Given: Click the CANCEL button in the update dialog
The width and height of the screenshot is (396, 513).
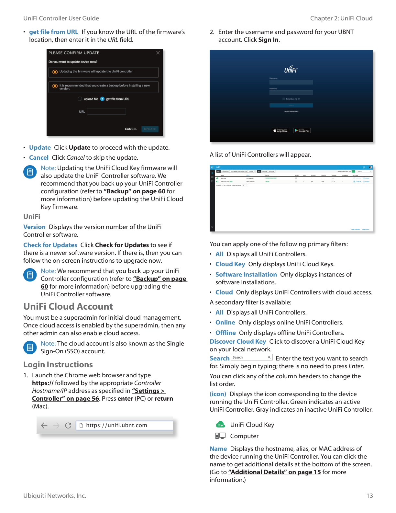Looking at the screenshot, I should pyautogui.click(x=131, y=129).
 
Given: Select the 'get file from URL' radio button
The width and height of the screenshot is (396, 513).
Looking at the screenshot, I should pyautogui.click(x=102, y=99).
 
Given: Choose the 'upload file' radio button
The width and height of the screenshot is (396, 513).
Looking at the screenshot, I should pyautogui.click(x=80, y=99).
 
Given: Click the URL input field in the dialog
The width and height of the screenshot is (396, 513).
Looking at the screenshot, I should pyautogui.click(x=106, y=111).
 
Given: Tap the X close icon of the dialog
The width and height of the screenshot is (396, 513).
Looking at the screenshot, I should pyautogui.click(x=158, y=53).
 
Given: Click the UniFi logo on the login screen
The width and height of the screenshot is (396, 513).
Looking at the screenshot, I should pyautogui.click(x=291, y=69).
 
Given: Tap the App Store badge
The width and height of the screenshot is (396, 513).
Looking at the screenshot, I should pyautogui.click(x=280, y=131).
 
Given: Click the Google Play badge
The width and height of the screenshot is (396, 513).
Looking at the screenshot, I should pyautogui.click(x=302, y=131).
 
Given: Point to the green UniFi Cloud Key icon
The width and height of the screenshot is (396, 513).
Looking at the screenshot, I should pyautogui.click(x=220, y=425).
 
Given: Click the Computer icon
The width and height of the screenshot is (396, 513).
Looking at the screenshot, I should pyautogui.click(x=220, y=436).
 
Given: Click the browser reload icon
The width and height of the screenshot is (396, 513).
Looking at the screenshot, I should pyautogui.click(x=68, y=425).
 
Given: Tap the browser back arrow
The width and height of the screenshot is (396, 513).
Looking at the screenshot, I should pyautogui.click(x=44, y=425).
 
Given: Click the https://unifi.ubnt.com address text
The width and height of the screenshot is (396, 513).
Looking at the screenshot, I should pyautogui.click(x=116, y=425).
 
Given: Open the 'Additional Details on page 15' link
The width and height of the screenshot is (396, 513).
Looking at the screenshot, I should pyautogui.click(x=274, y=472).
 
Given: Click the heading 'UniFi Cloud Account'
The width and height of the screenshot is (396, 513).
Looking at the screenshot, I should pyautogui.click(x=68, y=306).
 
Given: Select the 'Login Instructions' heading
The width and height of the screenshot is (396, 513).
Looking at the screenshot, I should pyautogui.click(x=58, y=365).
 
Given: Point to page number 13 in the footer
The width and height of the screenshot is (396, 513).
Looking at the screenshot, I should pyautogui.click(x=369, y=496).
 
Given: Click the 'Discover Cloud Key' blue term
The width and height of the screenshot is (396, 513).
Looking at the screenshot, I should pyautogui.click(x=238, y=342).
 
